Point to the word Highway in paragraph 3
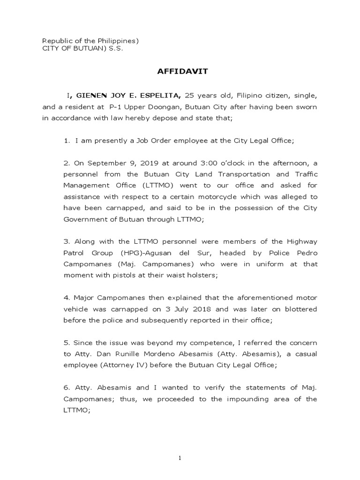tap(300, 241)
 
